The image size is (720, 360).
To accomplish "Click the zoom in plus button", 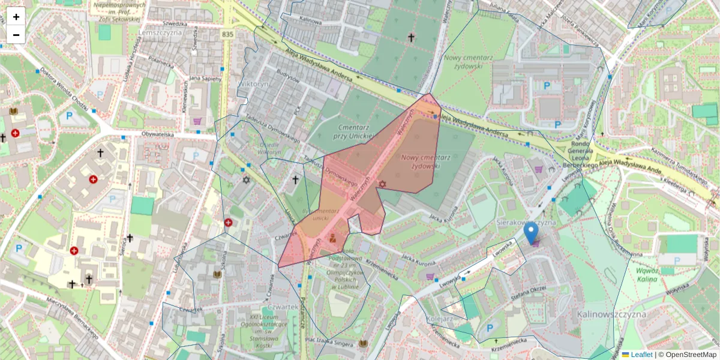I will tap(16, 16).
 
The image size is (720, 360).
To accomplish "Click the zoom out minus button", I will tap(16, 35).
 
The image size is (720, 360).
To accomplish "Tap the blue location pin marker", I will tap(531, 233).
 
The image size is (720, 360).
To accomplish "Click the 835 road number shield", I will tap(227, 35).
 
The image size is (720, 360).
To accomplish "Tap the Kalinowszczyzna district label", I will tap(611, 314).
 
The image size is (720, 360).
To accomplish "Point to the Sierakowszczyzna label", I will tap(526, 222).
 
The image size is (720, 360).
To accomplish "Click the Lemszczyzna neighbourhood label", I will tap(160, 32).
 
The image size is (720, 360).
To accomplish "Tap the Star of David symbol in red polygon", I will tap(381, 184).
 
